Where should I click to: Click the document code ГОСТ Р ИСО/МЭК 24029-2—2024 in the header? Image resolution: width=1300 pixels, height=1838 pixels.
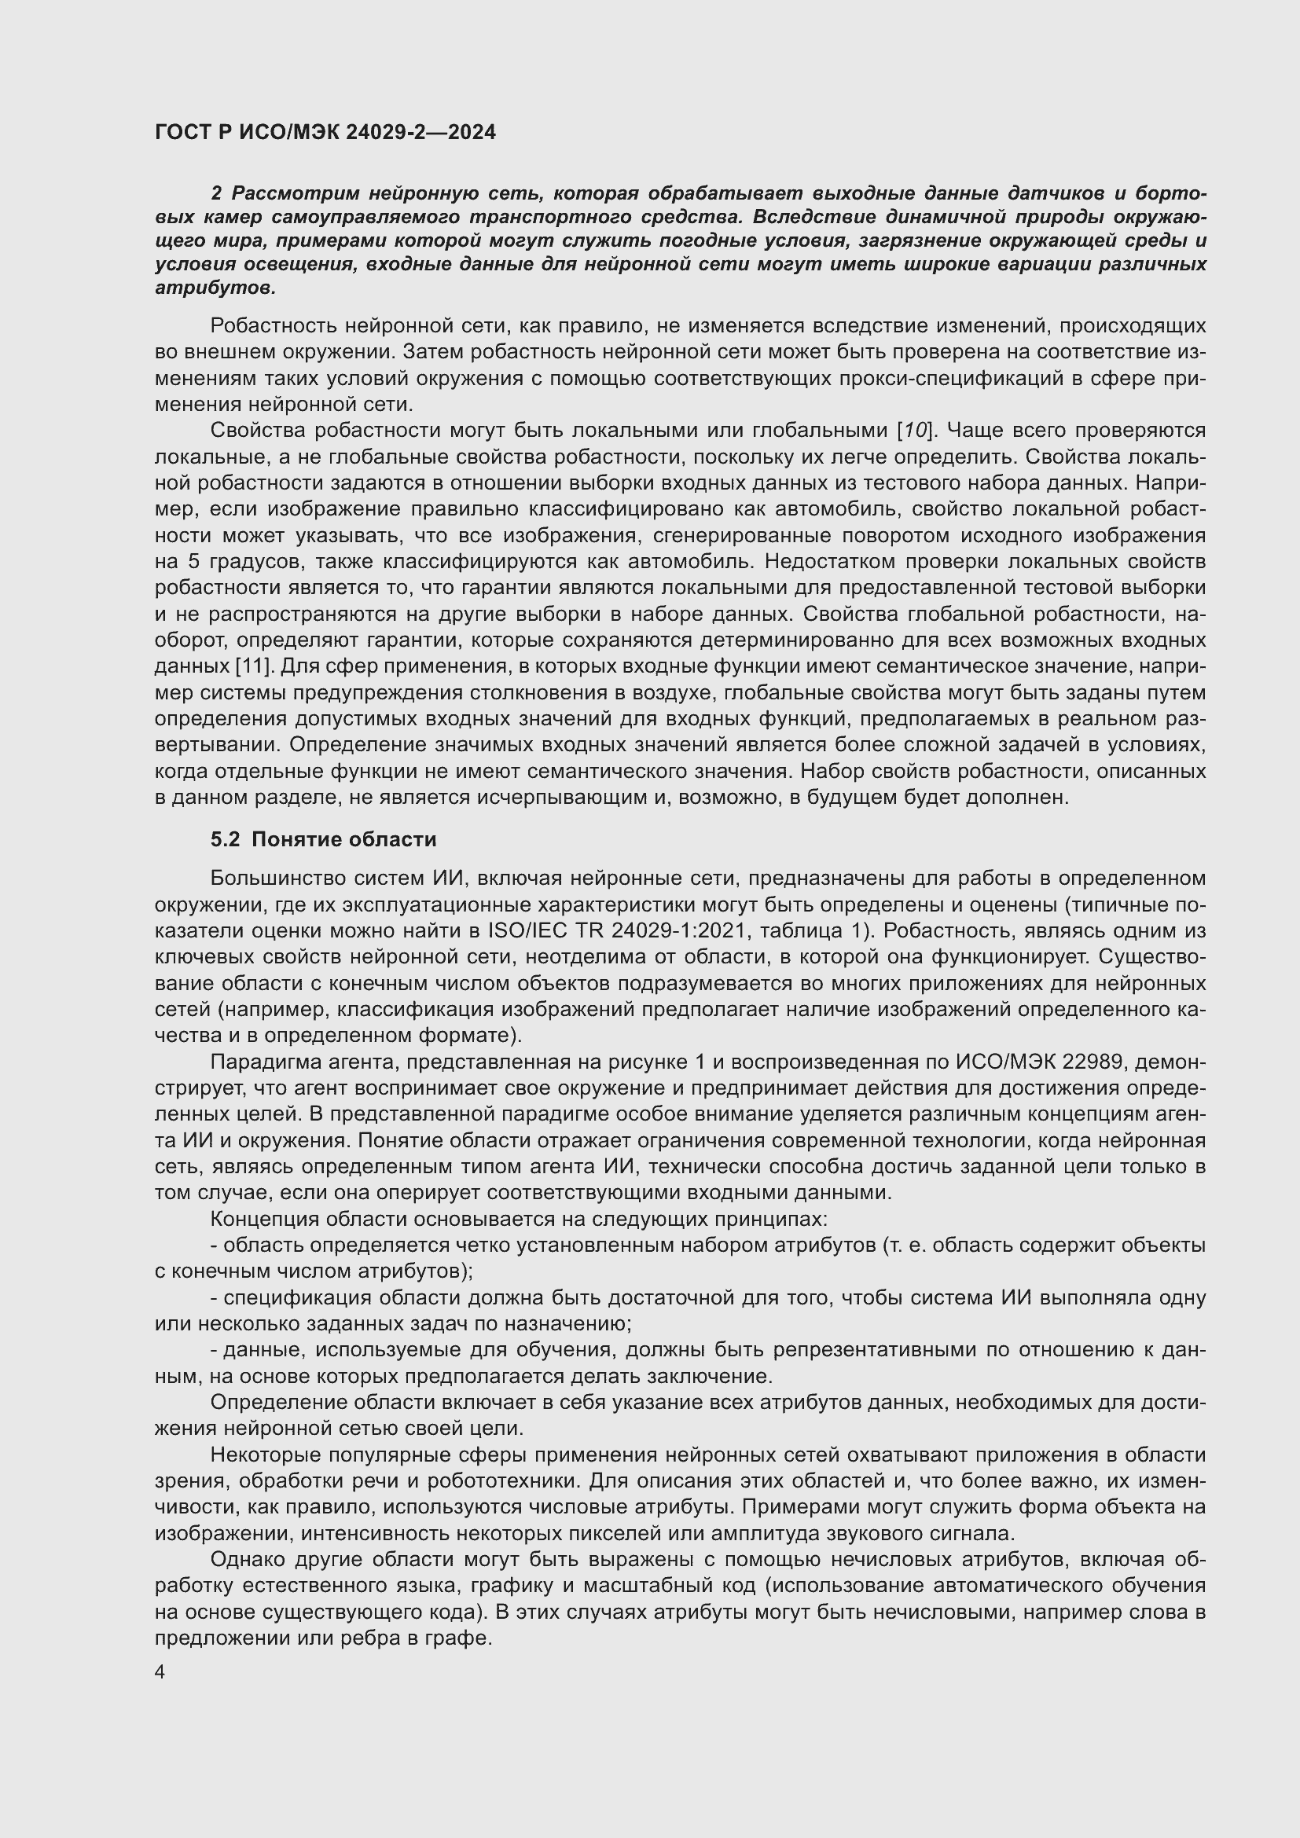[325, 132]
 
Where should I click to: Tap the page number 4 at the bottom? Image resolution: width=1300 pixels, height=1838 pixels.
[160, 1672]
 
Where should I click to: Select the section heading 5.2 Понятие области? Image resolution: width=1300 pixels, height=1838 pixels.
[323, 839]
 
